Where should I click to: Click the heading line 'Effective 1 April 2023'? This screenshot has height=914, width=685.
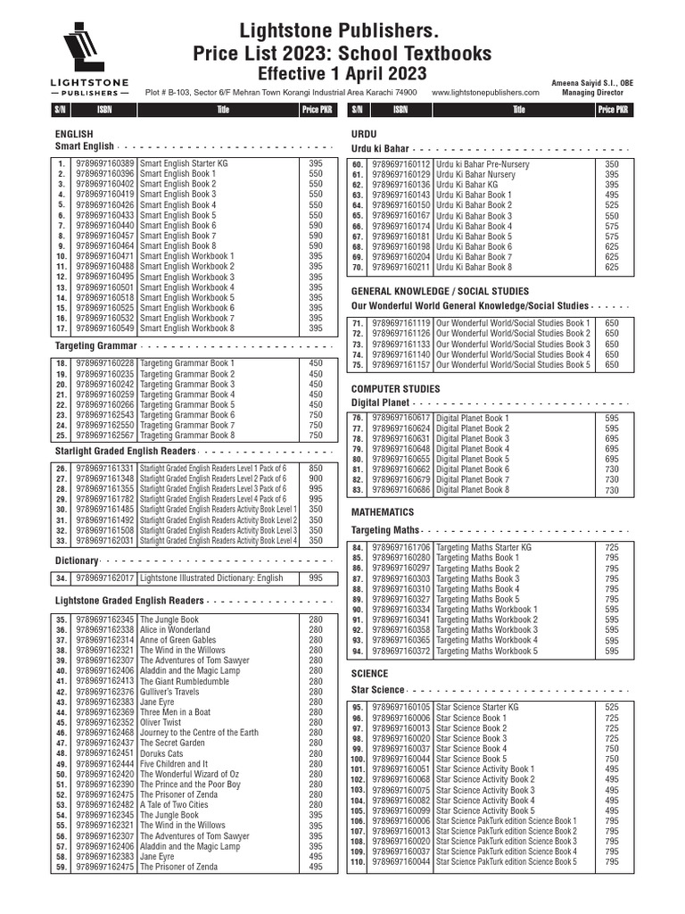(342, 74)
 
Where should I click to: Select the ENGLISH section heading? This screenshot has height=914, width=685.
(75, 132)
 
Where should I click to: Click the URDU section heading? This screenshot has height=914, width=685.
(366, 132)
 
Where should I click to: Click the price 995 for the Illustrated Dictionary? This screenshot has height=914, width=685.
(316, 578)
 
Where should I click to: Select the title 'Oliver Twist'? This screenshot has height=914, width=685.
(161, 723)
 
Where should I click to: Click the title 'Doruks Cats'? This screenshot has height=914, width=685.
(161, 753)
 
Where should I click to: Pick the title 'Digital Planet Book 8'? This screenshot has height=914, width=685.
(473, 490)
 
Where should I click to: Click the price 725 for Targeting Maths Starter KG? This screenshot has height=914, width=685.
(612, 547)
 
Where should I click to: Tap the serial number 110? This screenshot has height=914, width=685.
(358, 861)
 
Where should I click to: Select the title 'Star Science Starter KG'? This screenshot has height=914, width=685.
(477, 707)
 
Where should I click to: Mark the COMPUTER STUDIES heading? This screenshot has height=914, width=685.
(395, 389)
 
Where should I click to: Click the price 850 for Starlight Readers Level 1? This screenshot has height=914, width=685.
(316, 468)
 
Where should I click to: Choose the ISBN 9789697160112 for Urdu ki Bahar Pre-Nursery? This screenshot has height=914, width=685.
(400, 164)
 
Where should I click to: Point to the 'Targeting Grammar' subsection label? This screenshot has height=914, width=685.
(95, 345)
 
